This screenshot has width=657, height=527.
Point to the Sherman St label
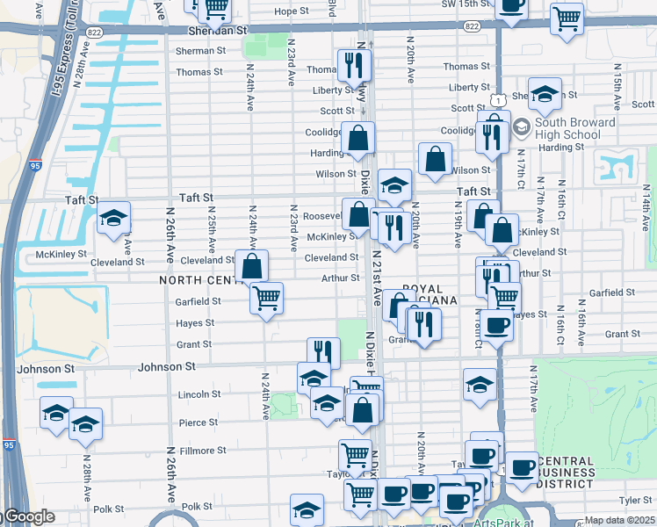pos(194,51)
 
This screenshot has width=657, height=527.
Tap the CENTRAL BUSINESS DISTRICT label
pos(581,473)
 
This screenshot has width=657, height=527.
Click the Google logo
pos(28,517)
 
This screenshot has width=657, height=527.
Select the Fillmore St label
pos(202,451)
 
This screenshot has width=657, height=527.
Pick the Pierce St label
pos(198,422)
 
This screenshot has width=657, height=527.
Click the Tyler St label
pos(634,500)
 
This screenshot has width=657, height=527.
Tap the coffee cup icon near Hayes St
pos(496,324)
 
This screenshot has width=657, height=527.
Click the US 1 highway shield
pos(496,101)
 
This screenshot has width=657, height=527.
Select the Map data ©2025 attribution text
pos(620,520)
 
